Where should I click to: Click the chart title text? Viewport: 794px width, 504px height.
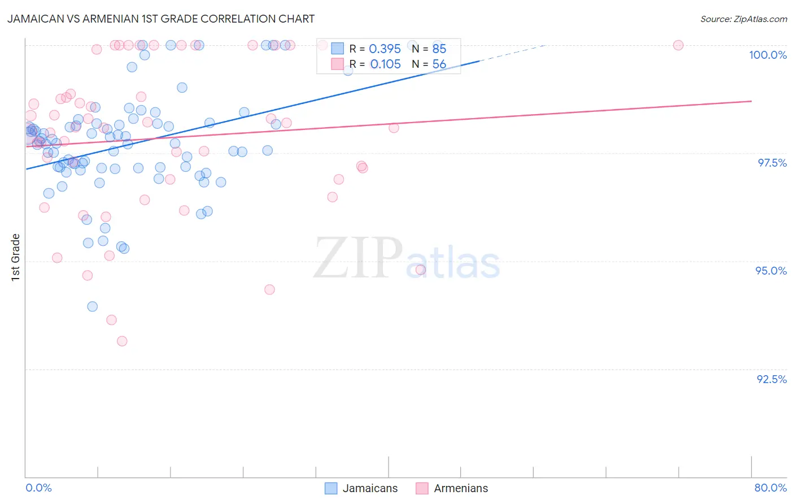coord(161,19)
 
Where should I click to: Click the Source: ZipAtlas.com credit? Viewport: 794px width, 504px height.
coord(743,19)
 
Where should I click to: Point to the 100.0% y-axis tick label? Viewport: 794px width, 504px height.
coord(767,55)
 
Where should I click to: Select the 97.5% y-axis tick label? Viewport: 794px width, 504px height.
coord(771,163)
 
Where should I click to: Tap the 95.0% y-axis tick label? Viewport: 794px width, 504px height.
coord(771,271)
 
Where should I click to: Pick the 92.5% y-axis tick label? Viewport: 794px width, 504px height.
coord(771,379)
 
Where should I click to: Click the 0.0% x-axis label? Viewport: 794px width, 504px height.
coord(38,488)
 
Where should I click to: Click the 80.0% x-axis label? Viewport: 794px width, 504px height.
coord(770,488)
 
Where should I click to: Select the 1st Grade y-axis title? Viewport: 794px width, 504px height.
coord(16,257)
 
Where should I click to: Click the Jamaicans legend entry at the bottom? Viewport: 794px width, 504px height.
coord(361,488)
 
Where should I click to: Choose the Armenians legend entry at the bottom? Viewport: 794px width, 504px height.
coord(452,488)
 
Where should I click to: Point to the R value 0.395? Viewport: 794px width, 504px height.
coord(385,49)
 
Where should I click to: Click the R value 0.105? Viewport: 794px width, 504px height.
coord(385,64)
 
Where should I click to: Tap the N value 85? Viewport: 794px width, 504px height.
coord(439,49)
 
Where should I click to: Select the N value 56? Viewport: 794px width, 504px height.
coord(439,64)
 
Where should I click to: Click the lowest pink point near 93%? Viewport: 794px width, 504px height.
coord(122,341)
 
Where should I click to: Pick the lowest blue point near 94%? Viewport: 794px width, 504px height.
coord(93,306)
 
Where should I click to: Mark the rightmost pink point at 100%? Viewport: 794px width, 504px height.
coord(678,45)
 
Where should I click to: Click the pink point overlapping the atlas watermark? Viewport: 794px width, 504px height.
coord(420,270)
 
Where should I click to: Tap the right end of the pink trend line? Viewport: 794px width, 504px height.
coord(751,101)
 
